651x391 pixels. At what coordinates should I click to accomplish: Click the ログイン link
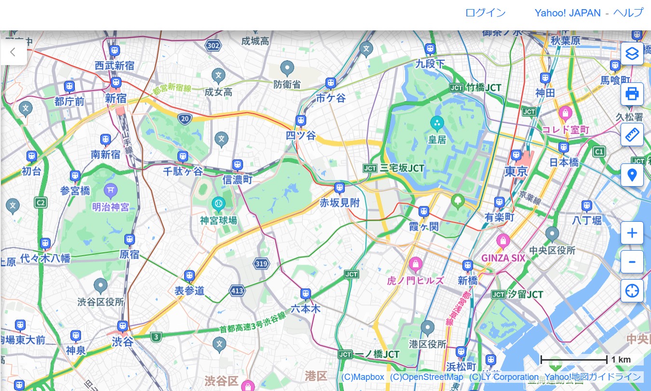[485, 13]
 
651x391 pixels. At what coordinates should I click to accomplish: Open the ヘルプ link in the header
[628, 13]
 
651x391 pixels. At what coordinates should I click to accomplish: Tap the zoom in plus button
[632, 233]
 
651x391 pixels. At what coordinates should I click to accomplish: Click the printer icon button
[632, 94]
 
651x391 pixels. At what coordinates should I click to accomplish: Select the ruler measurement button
[632, 134]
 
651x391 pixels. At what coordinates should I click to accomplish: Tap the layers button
[632, 53]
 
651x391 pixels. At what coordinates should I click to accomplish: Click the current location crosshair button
[632, 291]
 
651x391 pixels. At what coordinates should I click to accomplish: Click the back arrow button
[13, 52]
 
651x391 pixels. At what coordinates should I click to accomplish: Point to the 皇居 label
[437, 140]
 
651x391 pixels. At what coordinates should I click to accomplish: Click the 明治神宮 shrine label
[110, 207]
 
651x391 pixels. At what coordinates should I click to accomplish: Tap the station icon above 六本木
[305, 294]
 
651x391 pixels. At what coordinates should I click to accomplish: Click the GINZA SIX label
[503, 257]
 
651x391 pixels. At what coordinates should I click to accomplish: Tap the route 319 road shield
[261, 264]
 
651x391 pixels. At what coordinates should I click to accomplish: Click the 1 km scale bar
[574, 359]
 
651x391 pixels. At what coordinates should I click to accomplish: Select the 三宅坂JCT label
[402, 168]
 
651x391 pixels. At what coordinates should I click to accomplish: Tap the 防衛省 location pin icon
[287, 68]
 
